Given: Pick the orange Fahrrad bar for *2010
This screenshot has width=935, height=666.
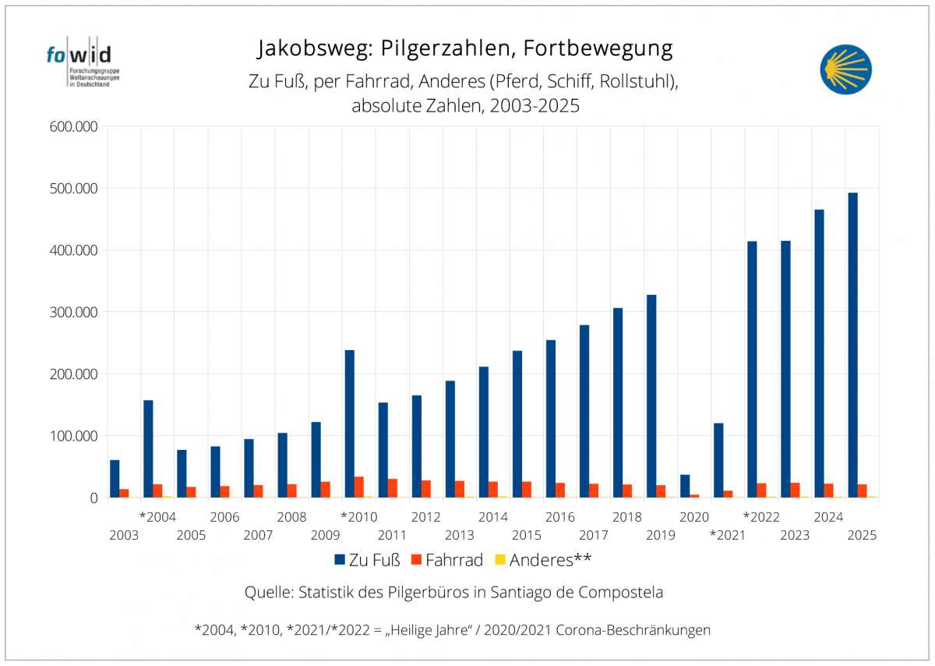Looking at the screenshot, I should [x=359, y=487].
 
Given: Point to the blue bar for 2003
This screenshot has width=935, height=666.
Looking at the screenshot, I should [x=115, y=479].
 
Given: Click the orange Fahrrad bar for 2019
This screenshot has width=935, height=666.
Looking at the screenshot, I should [x=661, y=491].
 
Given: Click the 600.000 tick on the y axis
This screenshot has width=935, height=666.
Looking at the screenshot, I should [x=71, y=127].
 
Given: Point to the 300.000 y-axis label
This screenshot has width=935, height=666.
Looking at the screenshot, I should [x=71, y=312].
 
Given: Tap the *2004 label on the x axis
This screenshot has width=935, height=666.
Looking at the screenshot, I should [x=157, y=516].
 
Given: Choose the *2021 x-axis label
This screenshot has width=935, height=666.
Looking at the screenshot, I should [x=727, y=535].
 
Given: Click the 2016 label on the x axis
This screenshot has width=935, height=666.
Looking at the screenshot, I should [x=560, y=516].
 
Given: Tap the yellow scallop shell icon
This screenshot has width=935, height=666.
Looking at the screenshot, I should [x=845, y=69].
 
